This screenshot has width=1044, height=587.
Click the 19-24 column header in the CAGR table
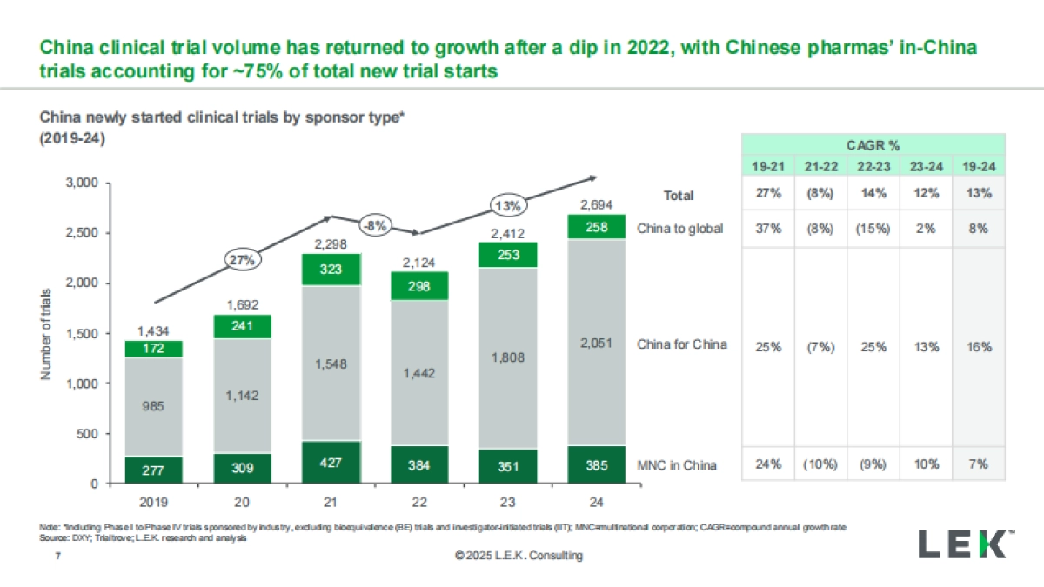(979, 166)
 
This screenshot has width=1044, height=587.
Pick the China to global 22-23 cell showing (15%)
(873, 229)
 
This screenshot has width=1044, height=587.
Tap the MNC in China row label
(679, 465)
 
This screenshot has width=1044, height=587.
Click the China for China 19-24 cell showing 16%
(979, 347)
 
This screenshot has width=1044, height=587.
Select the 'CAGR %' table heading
(873, 145)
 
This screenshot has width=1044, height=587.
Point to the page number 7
(57, 555)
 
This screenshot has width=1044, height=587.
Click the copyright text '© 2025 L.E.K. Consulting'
(519, 556)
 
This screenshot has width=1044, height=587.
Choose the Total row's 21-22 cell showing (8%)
(820, 194)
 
